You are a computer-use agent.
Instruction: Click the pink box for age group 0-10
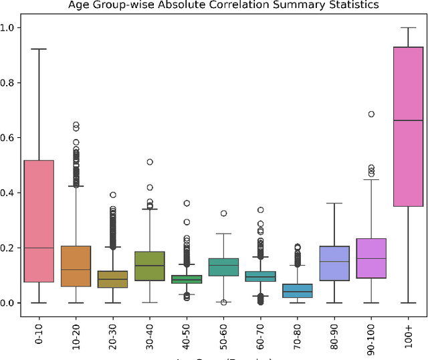click(x=38, y=221)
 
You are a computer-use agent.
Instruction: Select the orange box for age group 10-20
click(x=75, y=266)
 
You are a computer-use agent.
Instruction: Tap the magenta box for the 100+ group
click(x=408, y=127)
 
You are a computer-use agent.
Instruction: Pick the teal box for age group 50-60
click(x=223, y=267)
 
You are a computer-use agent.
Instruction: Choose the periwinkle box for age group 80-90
click(x=334, y=263)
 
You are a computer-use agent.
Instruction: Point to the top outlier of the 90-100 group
click(x=371, y=114)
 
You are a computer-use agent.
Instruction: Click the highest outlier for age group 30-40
click(x=150, y=162)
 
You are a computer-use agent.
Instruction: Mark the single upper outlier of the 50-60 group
click(x=223, y=213)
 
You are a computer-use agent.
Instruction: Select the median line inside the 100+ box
click(x=408, y=120)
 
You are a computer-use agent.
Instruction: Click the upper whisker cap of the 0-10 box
click(x=38, y=49)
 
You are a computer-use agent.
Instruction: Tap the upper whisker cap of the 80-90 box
click(x=334, y=203)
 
